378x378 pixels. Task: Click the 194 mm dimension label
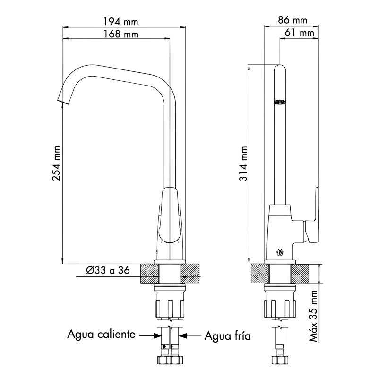[121, 22]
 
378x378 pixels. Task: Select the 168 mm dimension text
[121, 34]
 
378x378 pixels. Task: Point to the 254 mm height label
[56, 163]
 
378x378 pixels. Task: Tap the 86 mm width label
[292, 20]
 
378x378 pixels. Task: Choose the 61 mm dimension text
[299, 33]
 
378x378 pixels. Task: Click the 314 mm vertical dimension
[243, 163]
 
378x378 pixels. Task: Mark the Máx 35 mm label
[313, 316]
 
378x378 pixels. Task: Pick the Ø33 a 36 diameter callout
[108, 270]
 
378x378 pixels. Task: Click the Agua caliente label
[101, 335]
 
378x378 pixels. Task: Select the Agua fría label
[228, 335]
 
